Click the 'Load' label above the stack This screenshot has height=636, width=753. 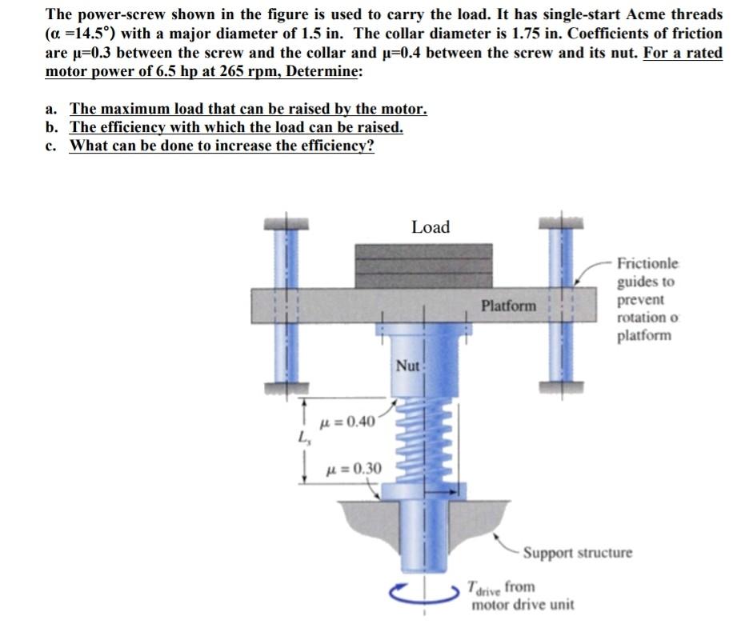[431, 227]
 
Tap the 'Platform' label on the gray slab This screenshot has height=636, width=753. [509, 306]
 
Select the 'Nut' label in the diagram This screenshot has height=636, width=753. [407, 366]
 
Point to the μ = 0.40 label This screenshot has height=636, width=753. [346, 422]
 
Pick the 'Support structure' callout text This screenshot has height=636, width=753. [577, 553]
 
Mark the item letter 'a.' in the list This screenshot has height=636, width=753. [52, 109]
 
